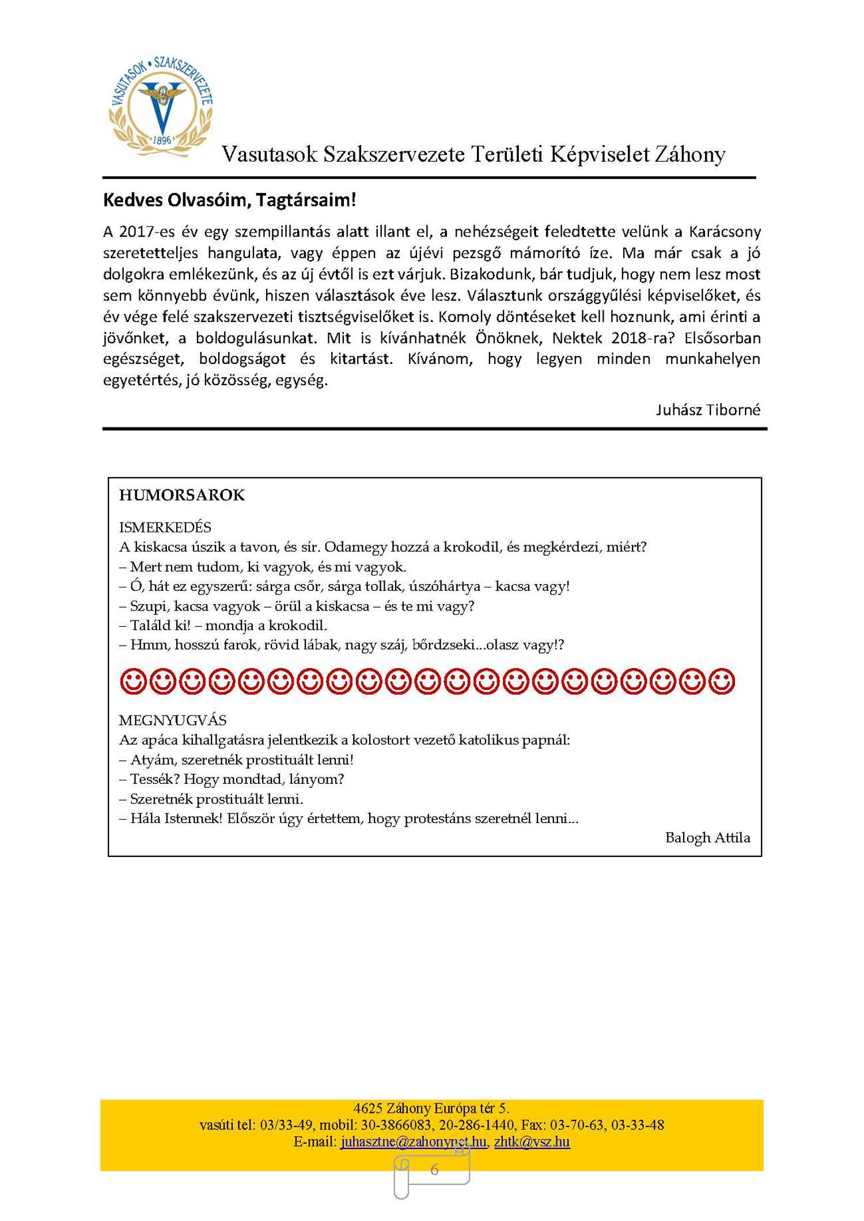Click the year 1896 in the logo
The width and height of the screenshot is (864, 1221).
click(x=162, y=140)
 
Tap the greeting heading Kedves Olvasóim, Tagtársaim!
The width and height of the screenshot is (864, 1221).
click(x=229, y=200)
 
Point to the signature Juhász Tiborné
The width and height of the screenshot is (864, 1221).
click(x=708, y=409)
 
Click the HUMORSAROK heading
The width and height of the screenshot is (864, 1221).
click(x=182, y=495)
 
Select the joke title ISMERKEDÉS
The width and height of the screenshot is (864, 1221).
click(x=165, y=527)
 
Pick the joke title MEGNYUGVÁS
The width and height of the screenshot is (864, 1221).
click(x=172, y=720)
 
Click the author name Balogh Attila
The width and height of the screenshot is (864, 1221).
click(x=707, y=837)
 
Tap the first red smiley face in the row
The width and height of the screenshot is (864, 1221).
click(x=133, y=681)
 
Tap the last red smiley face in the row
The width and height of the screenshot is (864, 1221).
click(x=722, y=681)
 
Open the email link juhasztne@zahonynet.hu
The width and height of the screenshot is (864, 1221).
click(x=413, y=1142)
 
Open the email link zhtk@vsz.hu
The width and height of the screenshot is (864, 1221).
click(x=532, y=1142)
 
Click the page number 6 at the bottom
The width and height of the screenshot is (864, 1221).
click(x=434, y=1170)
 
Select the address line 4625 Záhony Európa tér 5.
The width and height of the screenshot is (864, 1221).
click(x=431, y=1108)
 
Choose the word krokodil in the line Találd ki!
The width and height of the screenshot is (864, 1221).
click(x=297, y=625)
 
